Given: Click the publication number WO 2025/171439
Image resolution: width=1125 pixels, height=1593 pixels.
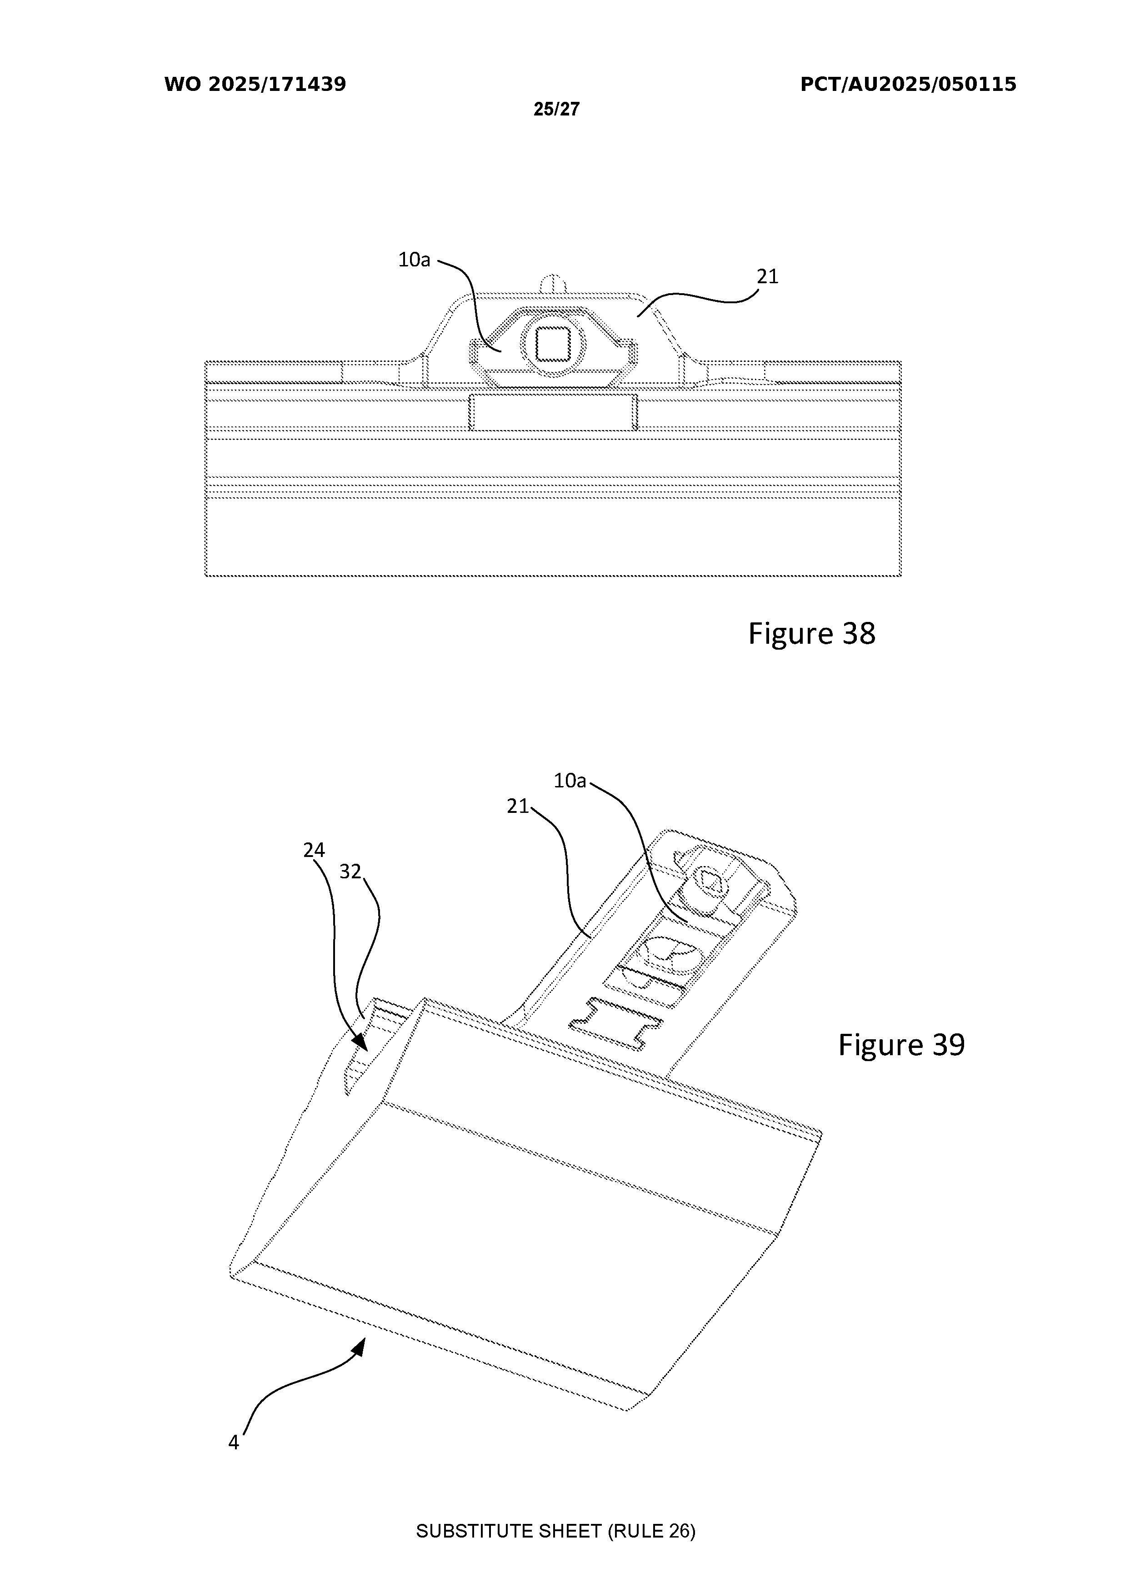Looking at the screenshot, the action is [x=255, y=85].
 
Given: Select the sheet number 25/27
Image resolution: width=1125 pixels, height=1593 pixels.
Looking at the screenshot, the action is [x=556, y=109].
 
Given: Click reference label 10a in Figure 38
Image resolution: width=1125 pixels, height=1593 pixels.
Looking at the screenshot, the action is [x=414, y=260].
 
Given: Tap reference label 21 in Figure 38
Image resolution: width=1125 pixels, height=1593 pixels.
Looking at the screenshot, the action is [x=767, y=277].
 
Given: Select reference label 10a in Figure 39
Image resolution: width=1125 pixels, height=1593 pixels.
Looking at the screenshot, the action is [x=570, y=781].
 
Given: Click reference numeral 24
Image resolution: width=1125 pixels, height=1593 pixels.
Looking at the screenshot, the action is [x=314, y=850].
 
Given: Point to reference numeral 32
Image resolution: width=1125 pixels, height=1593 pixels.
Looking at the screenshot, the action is [x=350, y=872].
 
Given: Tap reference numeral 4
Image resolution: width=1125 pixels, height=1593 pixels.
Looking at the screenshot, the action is [x=234, y=1443].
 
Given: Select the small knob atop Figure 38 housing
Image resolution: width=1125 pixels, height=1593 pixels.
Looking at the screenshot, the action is [x=552, y=283].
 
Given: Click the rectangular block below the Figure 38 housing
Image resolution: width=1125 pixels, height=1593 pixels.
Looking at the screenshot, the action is [x=553, y=413].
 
